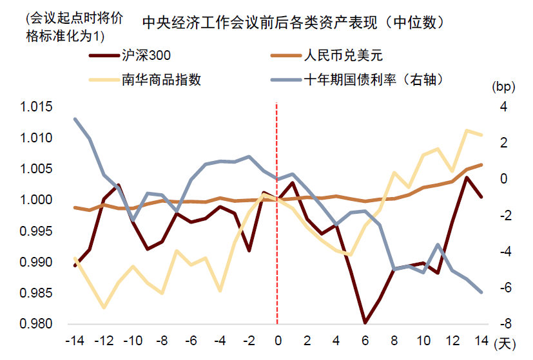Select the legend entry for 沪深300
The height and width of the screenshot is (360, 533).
coord(146,55)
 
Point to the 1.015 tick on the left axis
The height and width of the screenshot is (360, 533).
coord(36,107)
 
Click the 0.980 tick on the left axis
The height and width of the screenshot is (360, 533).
coord(36,324)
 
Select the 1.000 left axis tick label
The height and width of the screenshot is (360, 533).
coord(36,200)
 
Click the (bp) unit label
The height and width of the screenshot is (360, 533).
coord(501,86)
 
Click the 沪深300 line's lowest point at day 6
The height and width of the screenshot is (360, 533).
coord(365,322)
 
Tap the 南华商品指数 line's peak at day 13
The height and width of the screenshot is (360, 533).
coord(466,131)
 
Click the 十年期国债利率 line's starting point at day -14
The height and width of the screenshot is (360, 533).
coord(75,119)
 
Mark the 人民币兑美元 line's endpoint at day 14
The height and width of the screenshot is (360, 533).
coord(480,165)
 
